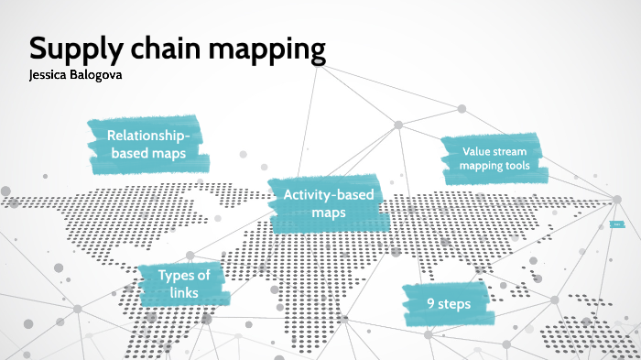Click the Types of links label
183,283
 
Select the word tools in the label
524,166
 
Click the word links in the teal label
183,292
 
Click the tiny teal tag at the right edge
616,224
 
